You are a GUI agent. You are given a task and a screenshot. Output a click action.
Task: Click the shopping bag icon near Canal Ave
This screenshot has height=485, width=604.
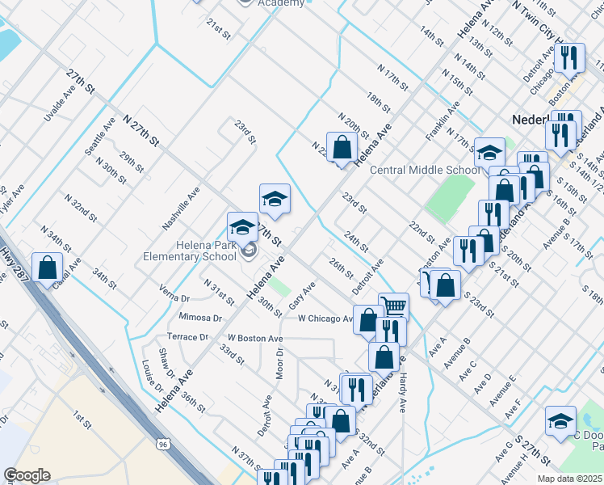(x=48, y=266)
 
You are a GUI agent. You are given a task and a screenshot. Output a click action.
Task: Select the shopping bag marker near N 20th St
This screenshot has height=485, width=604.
(x=342, y=147)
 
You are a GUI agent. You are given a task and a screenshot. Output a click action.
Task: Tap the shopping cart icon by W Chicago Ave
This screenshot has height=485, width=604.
(x=393, y=306)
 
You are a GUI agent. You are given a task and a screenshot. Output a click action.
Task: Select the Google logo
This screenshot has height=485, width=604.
(x=27, y=475)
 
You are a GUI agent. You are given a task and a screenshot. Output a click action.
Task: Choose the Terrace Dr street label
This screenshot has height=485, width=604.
(x=188, y=336)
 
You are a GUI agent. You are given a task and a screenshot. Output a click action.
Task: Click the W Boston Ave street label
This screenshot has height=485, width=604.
(x=254, y=338)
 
